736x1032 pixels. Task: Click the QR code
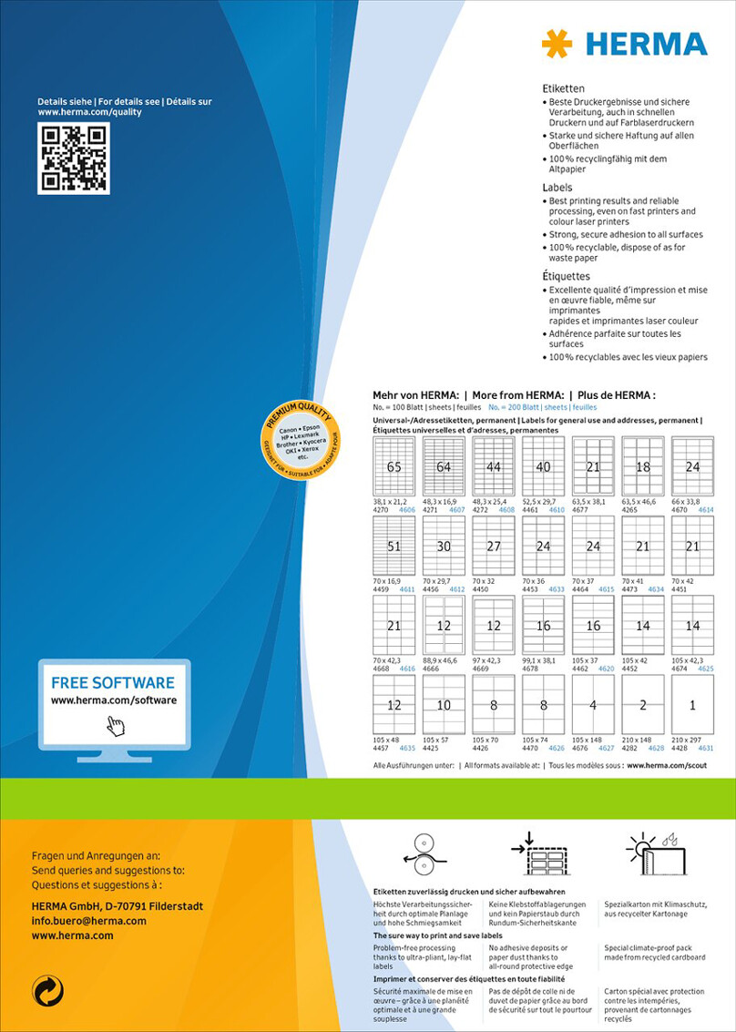tap(73, 158)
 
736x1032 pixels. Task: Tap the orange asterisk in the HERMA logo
tap(557, 43)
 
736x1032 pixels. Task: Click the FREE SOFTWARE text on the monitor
tap(113, 682)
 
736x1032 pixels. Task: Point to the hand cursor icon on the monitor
tap(116, 726)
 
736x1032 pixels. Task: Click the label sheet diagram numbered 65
tap(394, 466)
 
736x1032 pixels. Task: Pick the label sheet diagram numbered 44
tap(493, 466)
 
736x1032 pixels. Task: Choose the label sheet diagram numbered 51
tap(394, 546)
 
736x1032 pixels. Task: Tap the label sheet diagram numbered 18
tap(642, 466)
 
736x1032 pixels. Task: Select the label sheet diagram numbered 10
tap(444, 704)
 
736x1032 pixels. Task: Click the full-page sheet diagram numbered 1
tap(692, 704)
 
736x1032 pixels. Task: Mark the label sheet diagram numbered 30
tap(444, 546)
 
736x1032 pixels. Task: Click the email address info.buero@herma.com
tap(88, 921)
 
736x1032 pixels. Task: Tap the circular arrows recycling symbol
tap(47, 990)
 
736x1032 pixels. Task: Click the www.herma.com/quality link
tap(89, 112)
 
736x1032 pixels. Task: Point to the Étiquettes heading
tap(566, 276)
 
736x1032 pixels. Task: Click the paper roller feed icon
tap(421, 857)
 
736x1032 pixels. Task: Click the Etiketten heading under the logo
tap(563, 88)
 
